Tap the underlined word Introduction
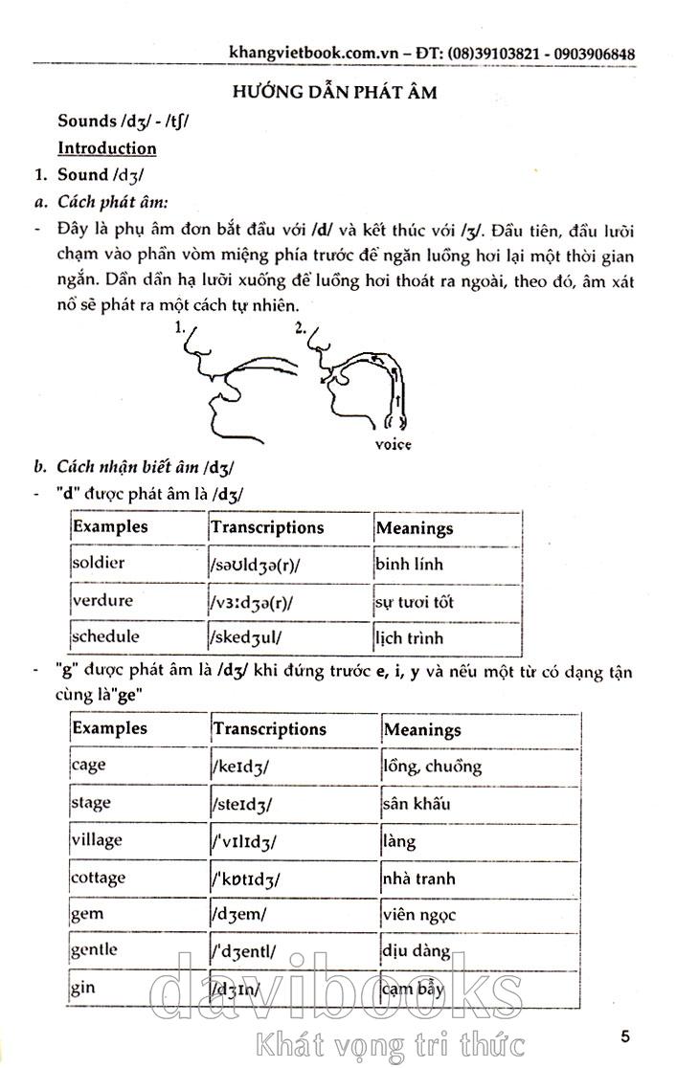click(x=107, y=148)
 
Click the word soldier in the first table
click(x=99, y=563)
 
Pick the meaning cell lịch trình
click(x=410, y=637)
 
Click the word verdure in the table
click(x=102, y=601)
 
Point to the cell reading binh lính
click(x=410, y=564)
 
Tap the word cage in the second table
click(x=89, y=765)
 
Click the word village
click(x=97, y=839)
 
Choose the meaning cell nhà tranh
click(x=418, y=878)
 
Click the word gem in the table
click(x=87, y=913)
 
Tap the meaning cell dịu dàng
click(x=417, y=951)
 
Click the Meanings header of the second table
click(x=422, y=729)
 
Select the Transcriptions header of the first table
click(x=267, y=527)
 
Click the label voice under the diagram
click(x=394, y=444)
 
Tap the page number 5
click(x=625, y=1036)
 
